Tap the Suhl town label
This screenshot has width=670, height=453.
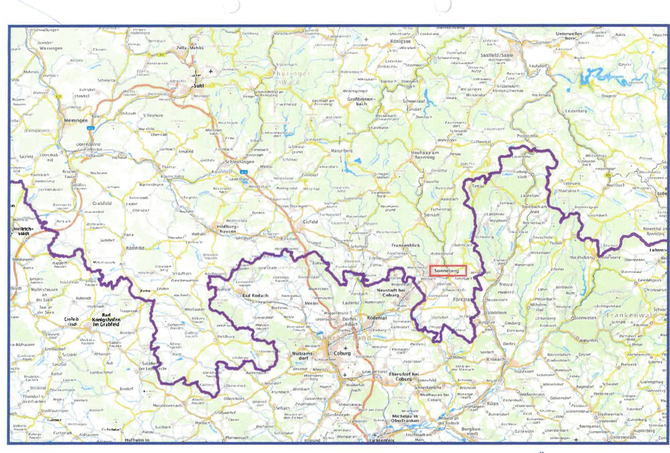pos(199,86)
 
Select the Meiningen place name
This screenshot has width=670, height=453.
pos(76,120)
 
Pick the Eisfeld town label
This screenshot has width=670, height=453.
pos(310,222)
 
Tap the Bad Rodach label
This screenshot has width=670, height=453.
pos(255,296)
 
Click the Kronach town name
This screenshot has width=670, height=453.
pos(496,359)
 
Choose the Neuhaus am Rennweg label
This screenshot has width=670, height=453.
pos(425,155)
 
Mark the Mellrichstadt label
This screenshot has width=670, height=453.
pos(23,231)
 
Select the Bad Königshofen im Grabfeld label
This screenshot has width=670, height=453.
pos(106,320)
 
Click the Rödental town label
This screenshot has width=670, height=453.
pos(376,318)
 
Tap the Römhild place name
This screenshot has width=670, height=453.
pos(135,248)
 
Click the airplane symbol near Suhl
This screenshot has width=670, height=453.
pos(211,71)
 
